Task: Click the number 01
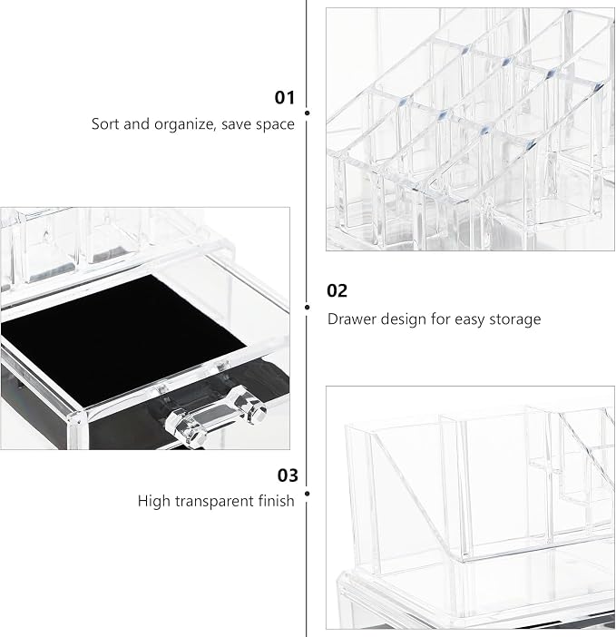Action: [x=284, y=97]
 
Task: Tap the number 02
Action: [x=337, y=291]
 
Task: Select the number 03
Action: [x=288, y=475]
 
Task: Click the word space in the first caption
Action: [x=275, y=125]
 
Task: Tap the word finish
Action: [x=277, y=501]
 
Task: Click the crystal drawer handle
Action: [x=216, y=415]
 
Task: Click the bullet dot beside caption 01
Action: [x=307, y=113]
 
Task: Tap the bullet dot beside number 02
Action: [x=307, y=307]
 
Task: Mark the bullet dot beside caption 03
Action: [x=307, y=494]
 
